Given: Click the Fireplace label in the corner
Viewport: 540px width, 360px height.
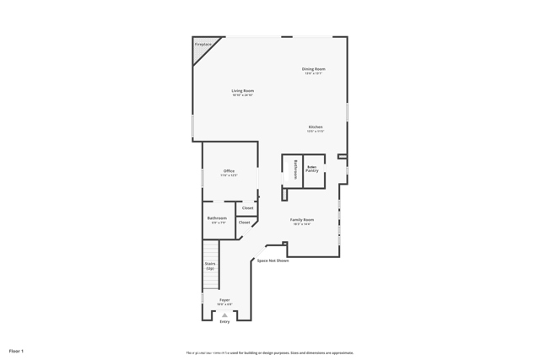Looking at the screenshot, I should (202, 44).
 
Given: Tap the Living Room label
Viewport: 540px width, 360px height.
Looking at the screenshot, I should (243, 90).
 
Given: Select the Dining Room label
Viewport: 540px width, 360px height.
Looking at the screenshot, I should (314, 68).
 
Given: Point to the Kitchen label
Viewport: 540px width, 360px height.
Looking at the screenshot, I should (315, 126).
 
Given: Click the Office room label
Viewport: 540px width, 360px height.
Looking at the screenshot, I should (229, 171).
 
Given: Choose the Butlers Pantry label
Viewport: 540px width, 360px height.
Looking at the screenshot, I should (311, 169).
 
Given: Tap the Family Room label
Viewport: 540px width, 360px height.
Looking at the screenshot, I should (302, 219).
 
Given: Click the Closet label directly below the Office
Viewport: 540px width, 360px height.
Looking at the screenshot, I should (247, 207).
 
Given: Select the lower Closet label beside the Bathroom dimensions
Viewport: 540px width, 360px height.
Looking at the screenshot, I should (244, 223).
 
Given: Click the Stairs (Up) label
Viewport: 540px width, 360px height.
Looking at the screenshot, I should (210, 265).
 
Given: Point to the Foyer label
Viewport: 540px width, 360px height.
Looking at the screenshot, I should (224, 299).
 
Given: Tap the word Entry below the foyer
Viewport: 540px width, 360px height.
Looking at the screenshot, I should (224, 321).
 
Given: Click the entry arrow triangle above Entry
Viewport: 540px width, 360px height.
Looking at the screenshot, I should (224, 314).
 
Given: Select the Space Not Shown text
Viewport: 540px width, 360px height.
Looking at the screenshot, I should (273, 261).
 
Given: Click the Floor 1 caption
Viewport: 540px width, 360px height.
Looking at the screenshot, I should (16, 350).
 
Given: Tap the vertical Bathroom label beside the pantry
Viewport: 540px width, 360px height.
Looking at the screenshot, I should (294, 169).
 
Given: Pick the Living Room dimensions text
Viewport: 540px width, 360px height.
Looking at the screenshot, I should (243, 95).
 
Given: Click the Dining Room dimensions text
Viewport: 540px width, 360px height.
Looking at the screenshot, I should (314, 73).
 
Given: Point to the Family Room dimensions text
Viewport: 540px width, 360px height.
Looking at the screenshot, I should (302, 224).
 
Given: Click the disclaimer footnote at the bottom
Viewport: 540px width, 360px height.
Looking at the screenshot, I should (270, 352).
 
